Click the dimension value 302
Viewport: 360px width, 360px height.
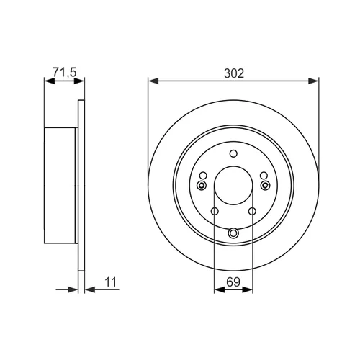point(234,73)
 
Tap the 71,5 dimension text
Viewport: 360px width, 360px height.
point(64,72)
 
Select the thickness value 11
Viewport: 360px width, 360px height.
point(111,282)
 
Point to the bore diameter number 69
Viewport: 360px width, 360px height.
point(233,282)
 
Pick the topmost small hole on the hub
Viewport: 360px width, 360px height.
point(233,153)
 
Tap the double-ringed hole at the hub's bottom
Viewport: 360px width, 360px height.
point(233,233)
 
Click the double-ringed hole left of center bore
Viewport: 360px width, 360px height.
point(202,185)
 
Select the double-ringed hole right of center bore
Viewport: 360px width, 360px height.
point(266,185)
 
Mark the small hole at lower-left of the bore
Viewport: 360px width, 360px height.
point(215,212)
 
